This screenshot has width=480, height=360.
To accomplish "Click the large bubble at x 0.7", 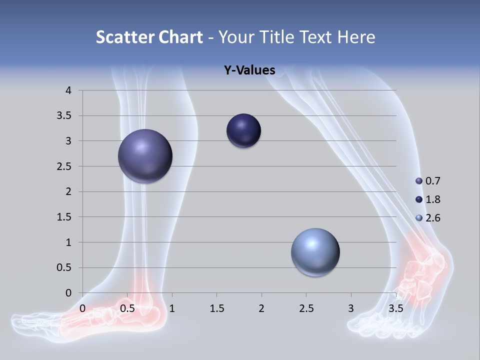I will coord(145,156).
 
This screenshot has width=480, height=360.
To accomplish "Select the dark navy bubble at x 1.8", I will coord(243,131).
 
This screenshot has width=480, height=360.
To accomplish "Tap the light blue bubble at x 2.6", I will coord(315,252).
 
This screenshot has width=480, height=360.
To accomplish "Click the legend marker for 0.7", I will coord(419,181).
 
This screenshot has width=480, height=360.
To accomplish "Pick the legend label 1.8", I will coord(432,199).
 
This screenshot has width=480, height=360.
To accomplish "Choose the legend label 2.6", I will coord(432,218).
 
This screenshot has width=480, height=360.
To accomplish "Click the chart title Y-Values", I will coord(249,70).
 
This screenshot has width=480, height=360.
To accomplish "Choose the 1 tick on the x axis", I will coord(172,308).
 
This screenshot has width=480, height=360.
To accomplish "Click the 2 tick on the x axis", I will coord(261,308).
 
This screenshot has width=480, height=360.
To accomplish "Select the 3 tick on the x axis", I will coord(351,308).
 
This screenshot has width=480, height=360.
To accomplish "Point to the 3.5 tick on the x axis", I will coord(395,308).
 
